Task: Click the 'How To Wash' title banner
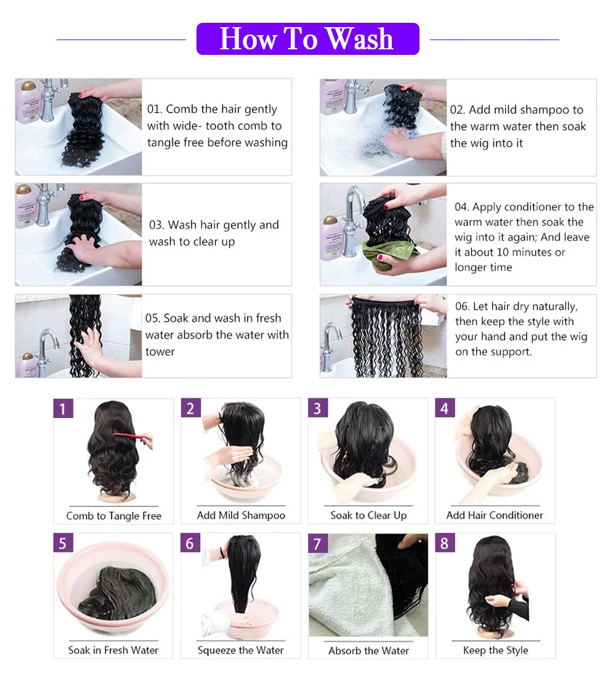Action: click(307, 39)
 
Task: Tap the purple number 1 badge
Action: click(63, 408)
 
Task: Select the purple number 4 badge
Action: click(445, 408)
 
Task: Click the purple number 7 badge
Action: click(318, 543)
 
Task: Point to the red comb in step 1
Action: click(132, 440)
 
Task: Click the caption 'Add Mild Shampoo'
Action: click(241, 516)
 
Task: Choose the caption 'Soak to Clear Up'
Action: click(368, 516)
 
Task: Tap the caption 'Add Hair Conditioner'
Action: click(495, 516)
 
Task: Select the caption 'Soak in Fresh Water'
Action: click(113, 650)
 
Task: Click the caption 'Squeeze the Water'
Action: click(241, 650)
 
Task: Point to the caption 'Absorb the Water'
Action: click(368, 651)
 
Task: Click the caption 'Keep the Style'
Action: click(495, 650)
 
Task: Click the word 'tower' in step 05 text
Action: click(160, 351)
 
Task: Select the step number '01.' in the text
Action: click(155, 109)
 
